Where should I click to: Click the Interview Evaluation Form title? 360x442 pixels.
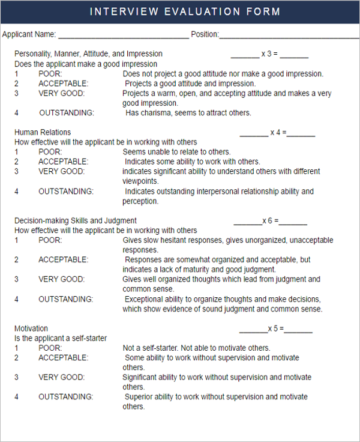point(185,11)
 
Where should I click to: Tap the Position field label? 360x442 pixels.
point(205,34)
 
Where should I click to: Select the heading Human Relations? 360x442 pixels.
point(43,132)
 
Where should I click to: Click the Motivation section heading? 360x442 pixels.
point(31,328)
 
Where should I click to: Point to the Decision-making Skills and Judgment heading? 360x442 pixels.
point(76,220)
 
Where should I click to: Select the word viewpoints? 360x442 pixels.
point(140,181)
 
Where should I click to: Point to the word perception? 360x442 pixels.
point(140,201)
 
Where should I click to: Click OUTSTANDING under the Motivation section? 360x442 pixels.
point(66,397)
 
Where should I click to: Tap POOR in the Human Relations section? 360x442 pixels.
point(50,152)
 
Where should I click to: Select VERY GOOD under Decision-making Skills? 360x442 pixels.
point(62,279)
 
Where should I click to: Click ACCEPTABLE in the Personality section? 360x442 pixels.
point(63,83)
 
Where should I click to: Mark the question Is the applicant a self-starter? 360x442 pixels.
point(61,338)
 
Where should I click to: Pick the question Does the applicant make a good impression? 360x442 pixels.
point(86,64)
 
